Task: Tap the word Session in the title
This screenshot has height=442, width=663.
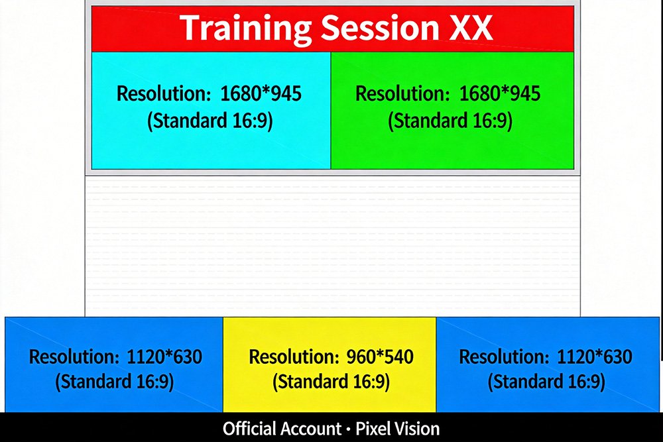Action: [x=379, y=28]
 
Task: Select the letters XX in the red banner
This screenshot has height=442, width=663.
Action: [x=471, y=28]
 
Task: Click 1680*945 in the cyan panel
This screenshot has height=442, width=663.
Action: [x=261, y=93]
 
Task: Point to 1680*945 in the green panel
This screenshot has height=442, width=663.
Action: [x=500, y=93]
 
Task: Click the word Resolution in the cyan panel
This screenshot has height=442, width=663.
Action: [x=164, y=93]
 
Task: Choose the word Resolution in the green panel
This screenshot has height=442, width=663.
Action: [x=402, y=93]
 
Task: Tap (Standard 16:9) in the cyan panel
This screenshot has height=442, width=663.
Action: [x=210, y=121]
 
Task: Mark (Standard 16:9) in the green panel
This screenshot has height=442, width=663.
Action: [x=450, y=121]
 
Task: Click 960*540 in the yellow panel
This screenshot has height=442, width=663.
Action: [x=380, y=357]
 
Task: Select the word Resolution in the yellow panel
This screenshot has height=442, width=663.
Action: [x=294, y=357]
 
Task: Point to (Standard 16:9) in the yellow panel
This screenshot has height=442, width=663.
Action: [x=331, y=382]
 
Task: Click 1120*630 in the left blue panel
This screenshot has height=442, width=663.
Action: [x=164, y=357]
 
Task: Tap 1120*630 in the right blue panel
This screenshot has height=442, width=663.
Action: [x=595, y=357]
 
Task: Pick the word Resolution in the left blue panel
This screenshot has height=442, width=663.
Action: [x=74, y=357]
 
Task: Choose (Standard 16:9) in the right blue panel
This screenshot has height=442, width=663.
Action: [x=546, y=382]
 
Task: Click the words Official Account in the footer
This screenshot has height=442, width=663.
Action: [x=282, y=429]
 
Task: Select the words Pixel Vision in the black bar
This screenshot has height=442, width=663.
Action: [x=397, y=429]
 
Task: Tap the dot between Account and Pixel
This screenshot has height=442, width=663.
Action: [x=349, y=430]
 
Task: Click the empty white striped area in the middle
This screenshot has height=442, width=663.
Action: [x=332, y=246]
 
